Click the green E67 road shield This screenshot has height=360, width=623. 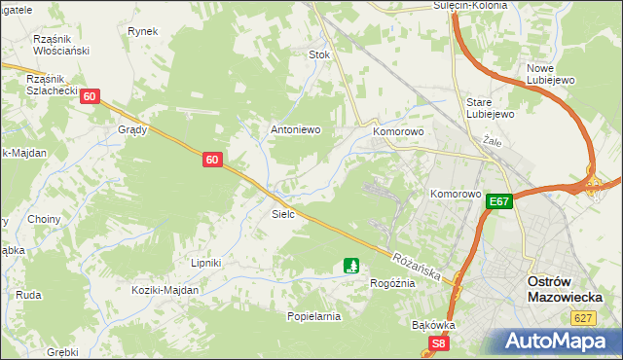click(499, 201)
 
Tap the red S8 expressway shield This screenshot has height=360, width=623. click(440, 343)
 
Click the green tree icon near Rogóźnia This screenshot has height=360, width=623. click(351, 265)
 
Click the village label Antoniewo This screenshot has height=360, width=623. click(295, 129)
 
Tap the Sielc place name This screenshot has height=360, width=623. click(283, 213)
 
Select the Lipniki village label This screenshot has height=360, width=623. click(206, 263)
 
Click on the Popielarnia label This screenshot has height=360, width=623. click(313, 316)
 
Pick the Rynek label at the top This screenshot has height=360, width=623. click(142, 31)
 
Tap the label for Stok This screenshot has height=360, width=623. click(319, 54)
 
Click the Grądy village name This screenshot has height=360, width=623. click(132, 129)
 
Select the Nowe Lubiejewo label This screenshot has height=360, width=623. click(553, 74)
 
